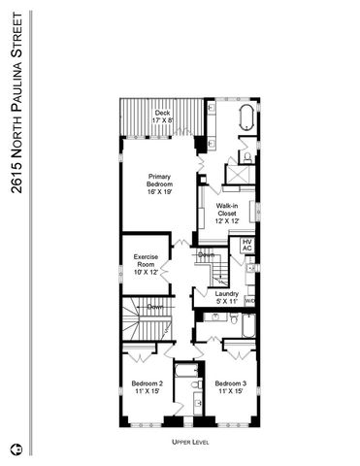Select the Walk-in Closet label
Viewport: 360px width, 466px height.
(x=227, y=214)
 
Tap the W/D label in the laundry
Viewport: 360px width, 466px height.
(x=249, y=301)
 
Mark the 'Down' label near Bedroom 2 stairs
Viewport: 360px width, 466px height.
(x=154, y=308)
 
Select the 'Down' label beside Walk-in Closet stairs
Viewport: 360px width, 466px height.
(x=207, y=254)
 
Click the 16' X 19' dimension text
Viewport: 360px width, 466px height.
(x=160, y=194)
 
